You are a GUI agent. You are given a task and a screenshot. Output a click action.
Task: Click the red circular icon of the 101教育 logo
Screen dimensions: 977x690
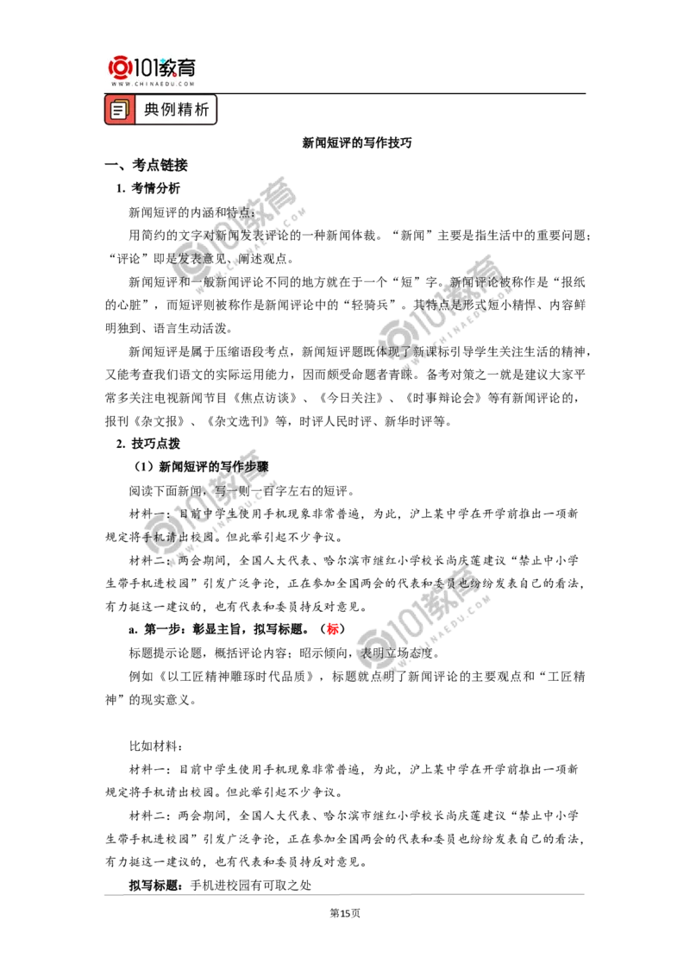point(119,66)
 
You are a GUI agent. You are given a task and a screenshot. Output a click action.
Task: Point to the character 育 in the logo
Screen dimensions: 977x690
point(186,66)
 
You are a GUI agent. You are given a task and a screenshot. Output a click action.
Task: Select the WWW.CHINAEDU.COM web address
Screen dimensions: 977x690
point(152,85)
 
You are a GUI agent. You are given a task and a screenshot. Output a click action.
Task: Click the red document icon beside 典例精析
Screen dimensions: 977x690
point(120,110)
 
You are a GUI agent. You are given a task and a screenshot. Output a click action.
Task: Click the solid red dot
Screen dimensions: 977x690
point(332,628)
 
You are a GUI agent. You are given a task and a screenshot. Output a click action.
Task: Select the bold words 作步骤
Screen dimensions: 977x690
point(250,466)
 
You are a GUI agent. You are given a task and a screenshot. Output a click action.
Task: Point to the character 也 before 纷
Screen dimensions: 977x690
point(464,583)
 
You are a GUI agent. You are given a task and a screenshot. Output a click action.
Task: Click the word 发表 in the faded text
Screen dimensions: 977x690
point(183,258)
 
